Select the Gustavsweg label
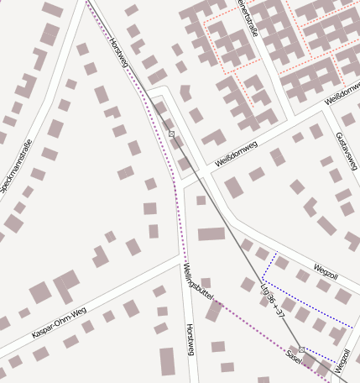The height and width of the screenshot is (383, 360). [x=345, y=148]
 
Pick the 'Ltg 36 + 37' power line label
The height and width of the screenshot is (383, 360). [x=273, y=300]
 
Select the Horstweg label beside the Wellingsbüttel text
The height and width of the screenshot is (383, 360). [x=190, y=339]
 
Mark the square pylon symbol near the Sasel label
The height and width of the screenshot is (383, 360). [x=301, y=349]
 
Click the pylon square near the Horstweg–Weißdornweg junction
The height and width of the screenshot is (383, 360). [x=171, y=134]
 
